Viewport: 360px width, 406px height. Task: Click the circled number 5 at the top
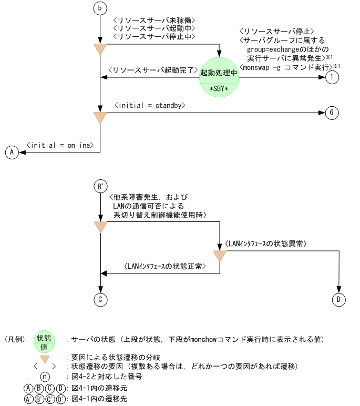pyautogui.click(x=100, y=8)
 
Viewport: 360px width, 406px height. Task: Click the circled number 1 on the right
pyautogui.click(x=332, y=77)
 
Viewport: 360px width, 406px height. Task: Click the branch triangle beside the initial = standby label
pyautogui.click(x=100, y=117)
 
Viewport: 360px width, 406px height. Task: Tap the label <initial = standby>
pyautogui.click(x=151, y=106)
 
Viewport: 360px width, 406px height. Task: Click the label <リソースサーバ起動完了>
pyautogui.click(x=152, y=70)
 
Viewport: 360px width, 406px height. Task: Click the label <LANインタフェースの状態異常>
pyautogui.click(x=265, y=244)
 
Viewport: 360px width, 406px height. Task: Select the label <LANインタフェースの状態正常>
pyautogui.click(x=164, y=267)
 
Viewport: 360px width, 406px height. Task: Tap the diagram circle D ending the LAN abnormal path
pyautogui.click(x=339, y=300)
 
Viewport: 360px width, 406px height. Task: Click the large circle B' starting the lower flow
pyautogui.click(x=100, y=186)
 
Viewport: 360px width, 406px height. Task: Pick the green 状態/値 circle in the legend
pyautogui.click(x=45, y=342)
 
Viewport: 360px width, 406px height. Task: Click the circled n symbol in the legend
pyautogui.click(x=46, y=377)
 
